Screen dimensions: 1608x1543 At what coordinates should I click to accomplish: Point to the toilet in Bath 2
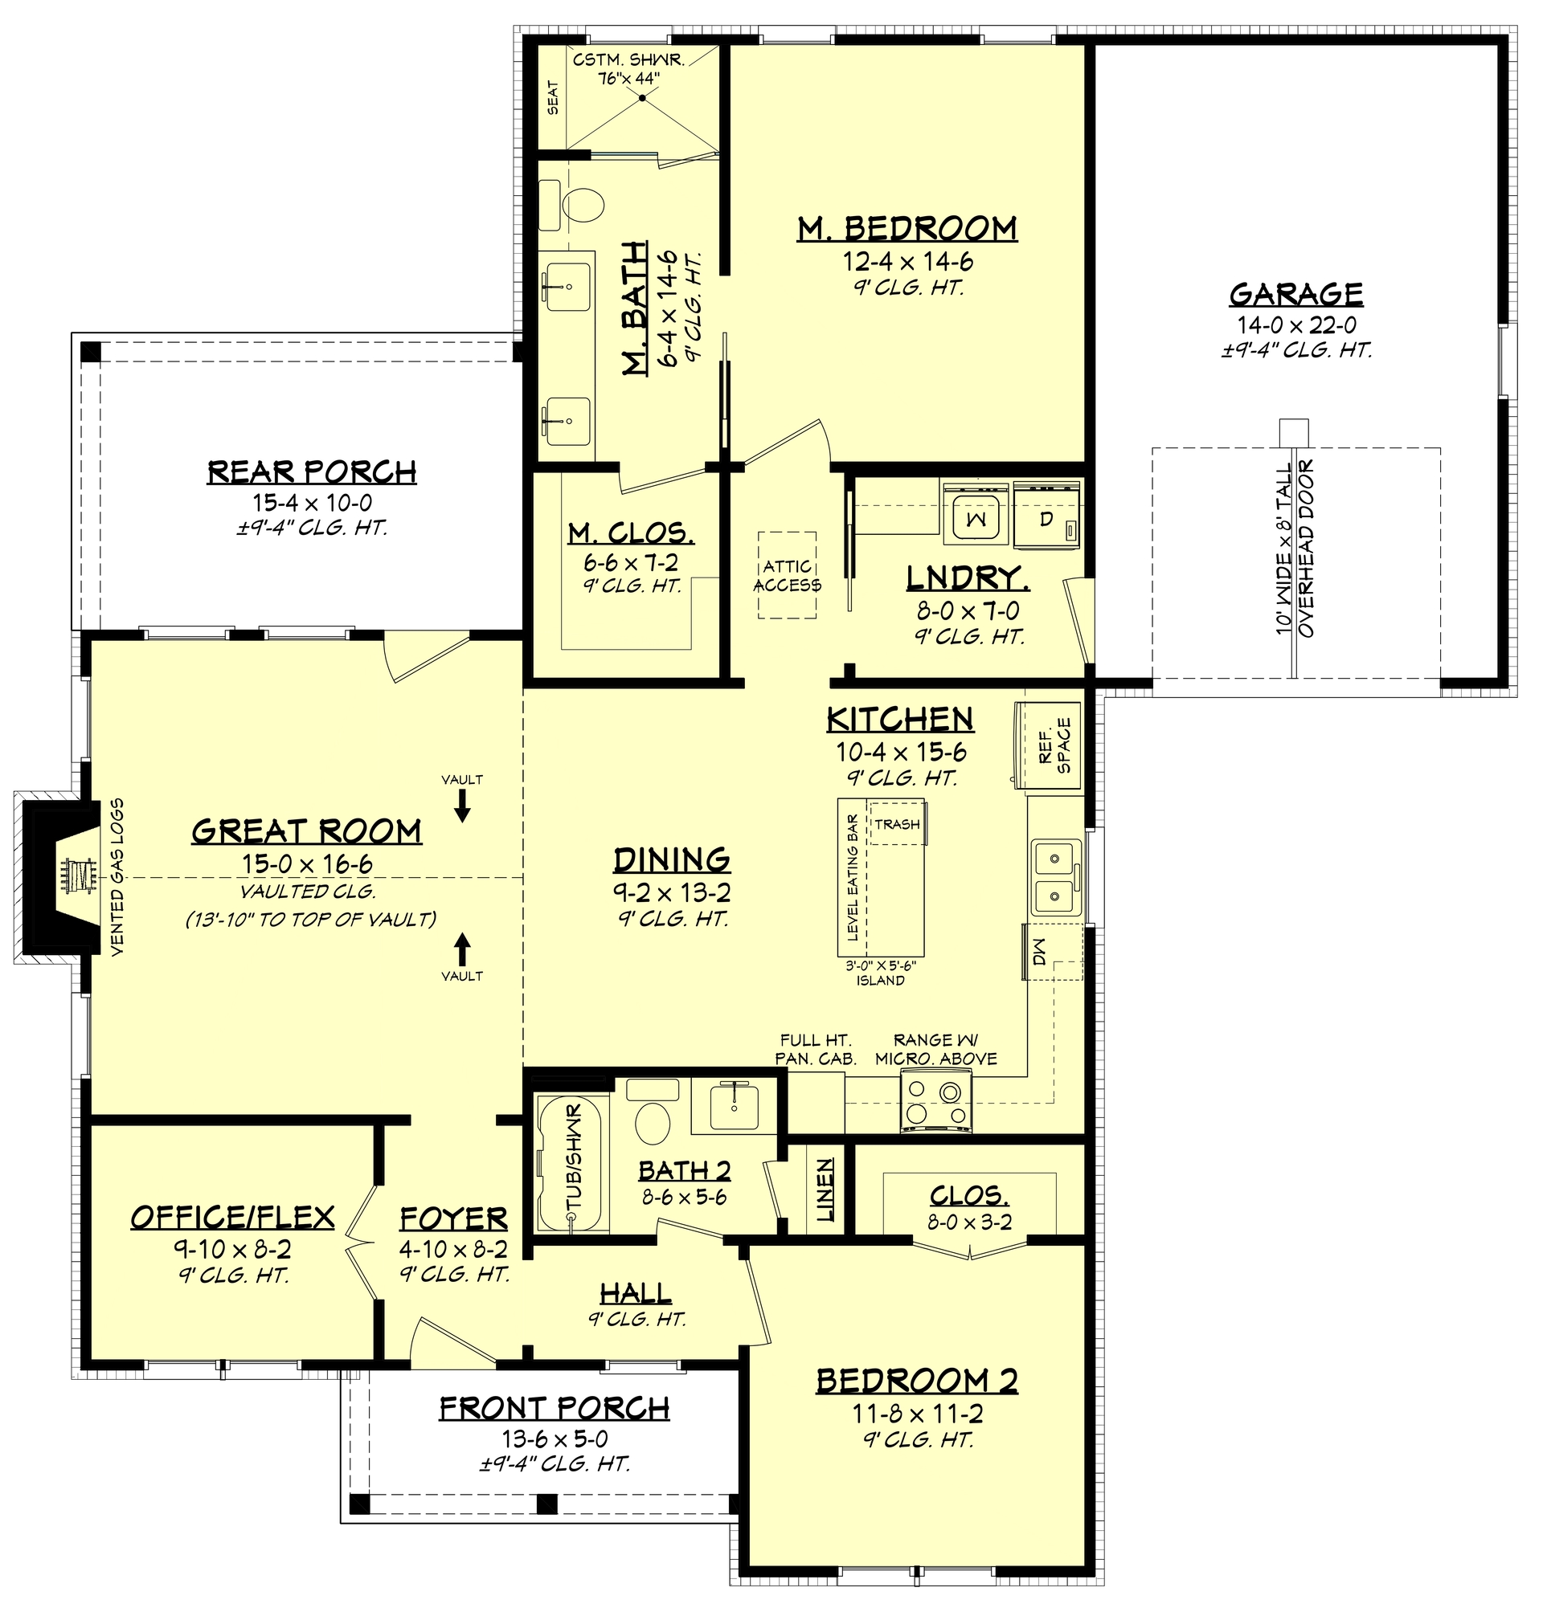tap(653, 1121)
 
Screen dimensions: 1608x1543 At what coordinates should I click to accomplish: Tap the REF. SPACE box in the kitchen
tap(1054, 745)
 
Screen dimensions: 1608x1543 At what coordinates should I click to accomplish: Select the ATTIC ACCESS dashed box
tap(786, 574)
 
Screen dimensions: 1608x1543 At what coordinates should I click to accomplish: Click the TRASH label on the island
tap(896, 824)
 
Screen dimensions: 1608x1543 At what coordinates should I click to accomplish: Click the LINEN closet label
tap(825, 1190)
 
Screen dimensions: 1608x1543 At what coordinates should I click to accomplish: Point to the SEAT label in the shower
tap(552, 97)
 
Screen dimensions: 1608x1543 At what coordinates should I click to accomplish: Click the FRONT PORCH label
tap(554, 1408)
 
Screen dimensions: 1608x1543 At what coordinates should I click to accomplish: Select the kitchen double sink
tap(1054, 876)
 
